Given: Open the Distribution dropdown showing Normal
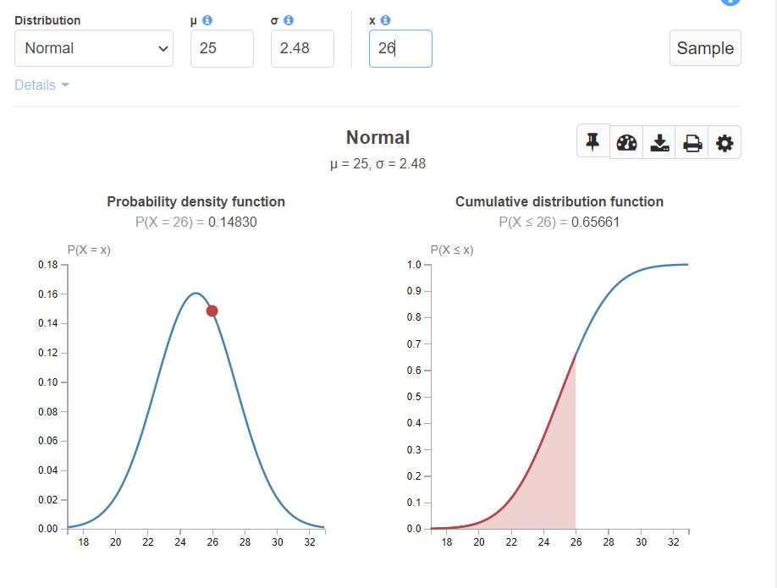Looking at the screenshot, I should (x=93, y=48).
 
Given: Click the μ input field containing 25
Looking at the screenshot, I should (x=222, y=48).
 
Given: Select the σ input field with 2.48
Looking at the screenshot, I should (x=302, y=48).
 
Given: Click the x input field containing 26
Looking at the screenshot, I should (x=400, y=48).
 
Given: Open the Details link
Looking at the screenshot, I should (x=41, y=85).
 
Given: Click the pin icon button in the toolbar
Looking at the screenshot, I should (x=593, y=141).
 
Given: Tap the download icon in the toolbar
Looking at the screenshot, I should (x=659, y=143).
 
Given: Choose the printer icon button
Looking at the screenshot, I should (x=692, y=143).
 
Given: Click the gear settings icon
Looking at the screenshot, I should (x=725, y=143).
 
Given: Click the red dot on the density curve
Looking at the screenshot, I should (x=212, y=310).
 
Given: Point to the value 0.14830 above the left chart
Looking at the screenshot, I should (x=233, y=222).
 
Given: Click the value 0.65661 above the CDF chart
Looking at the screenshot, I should (x=596, y=222).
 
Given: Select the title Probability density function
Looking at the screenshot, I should (x=196, y=201).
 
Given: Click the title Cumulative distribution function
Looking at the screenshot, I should (x=559, y=201).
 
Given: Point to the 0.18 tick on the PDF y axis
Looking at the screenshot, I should (x=47, y=265).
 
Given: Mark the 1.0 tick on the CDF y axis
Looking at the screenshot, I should (x=414, y=265).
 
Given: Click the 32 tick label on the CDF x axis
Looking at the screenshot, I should (x=673, y=542).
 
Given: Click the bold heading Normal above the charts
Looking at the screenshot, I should (x=377, y=137).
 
